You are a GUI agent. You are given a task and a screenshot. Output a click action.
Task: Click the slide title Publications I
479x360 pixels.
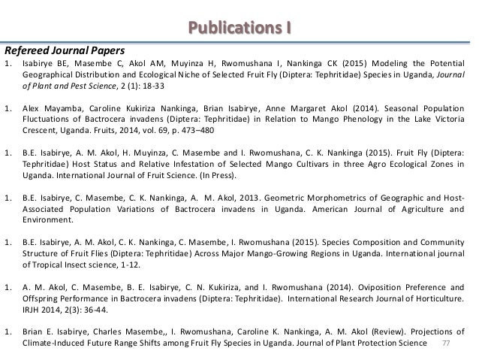pyautogui.click(x=239, y=29)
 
